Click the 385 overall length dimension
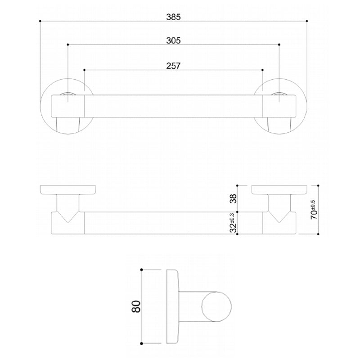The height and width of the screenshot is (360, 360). click(173, 17)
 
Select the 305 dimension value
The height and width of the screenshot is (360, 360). click(173, 40)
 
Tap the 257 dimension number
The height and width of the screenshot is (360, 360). click(173, 66)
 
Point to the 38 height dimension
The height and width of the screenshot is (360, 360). click(232, 198)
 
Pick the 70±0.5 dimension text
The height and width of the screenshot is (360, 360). click(314, 210)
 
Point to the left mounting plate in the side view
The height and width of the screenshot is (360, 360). click(67, 189)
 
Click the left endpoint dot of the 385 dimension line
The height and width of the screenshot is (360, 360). click(40, 21)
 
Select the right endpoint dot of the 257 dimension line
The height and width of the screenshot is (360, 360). click(262, 70)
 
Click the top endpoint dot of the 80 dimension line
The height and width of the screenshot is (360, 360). click(142, 269)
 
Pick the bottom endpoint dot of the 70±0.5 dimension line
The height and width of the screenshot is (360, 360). click(318, 234)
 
